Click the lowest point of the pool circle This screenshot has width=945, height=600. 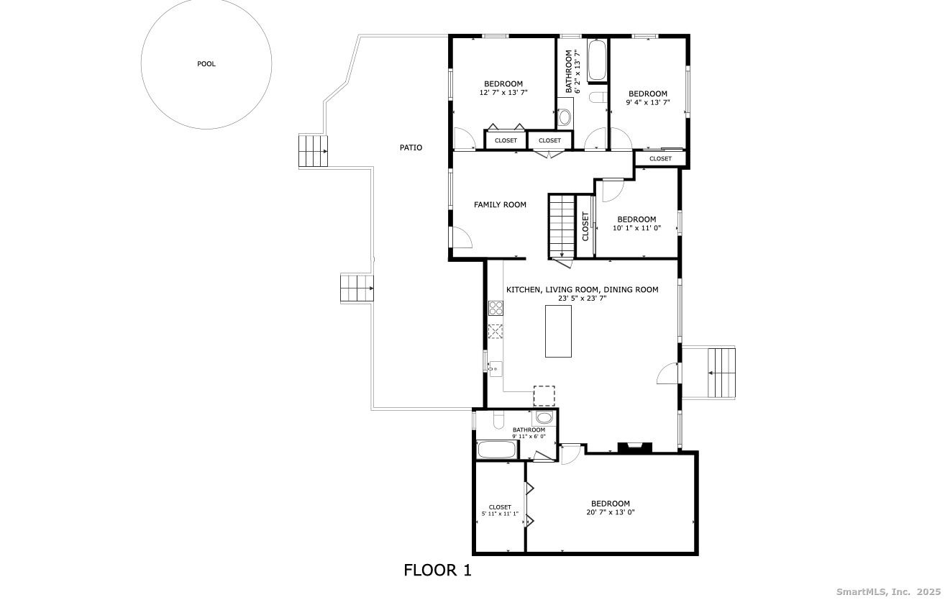pyautogui.click(x=206, y=129)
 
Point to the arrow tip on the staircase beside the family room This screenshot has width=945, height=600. pyautogui.click(x=562, y=257)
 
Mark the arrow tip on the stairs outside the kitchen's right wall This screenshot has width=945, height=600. pyautogui.click(x=709, y=373)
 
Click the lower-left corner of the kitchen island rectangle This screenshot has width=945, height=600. pyautogui.click(x=545, y=357)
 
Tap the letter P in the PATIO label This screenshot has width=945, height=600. pyautogui.click(x=402, y=147)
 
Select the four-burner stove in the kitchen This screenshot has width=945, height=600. pyautogui.click(x=496, y=308)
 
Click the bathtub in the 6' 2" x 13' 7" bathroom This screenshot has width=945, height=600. pyautogui.click(x=597, y=60)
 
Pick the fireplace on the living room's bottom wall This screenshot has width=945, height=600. pyautogui.click(x=635, y=447)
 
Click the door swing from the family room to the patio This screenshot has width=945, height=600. pyautogui.click(x=462, y=237)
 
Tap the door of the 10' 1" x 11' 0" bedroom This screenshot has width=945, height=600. pyautogui.click(x=613, y=191)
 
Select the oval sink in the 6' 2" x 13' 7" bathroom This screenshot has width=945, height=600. pyautogui.click(x=565, y=117)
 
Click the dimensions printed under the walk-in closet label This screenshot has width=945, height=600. pyautogui.click(x=500, y=514)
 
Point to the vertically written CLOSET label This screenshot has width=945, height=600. pyautogui.click(x=585, y=227)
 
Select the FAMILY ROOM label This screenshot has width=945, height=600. pyautogui.click(x=500, y=204)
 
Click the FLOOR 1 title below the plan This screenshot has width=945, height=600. pyautogui.click(x=437, y=570)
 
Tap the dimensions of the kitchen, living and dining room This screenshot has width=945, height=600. pyautogui.click(x=583, y=299)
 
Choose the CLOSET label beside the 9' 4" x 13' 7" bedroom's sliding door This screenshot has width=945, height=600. pyautogui.click(x=660, y=159)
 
